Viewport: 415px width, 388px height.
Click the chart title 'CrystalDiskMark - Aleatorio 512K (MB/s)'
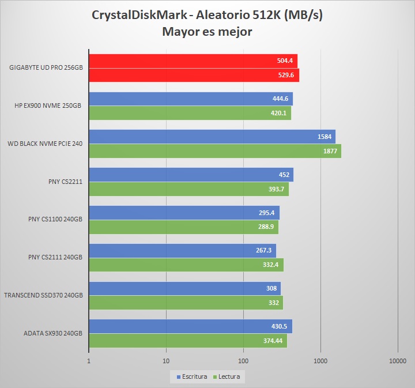207,15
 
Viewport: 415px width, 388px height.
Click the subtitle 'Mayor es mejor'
207,31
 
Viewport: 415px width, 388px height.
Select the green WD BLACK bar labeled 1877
214,151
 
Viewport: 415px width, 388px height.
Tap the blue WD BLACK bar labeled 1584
212,137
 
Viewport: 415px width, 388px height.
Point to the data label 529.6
286,75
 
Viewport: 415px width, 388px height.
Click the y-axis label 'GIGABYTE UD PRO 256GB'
46,68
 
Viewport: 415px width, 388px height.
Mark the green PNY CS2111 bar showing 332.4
186,265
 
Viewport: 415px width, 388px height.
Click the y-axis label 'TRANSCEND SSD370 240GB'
43,295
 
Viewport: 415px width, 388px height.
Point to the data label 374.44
273,341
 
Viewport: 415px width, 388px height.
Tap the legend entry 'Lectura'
228,376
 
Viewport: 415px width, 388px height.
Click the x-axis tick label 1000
320,361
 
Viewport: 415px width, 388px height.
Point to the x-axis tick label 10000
398,361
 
